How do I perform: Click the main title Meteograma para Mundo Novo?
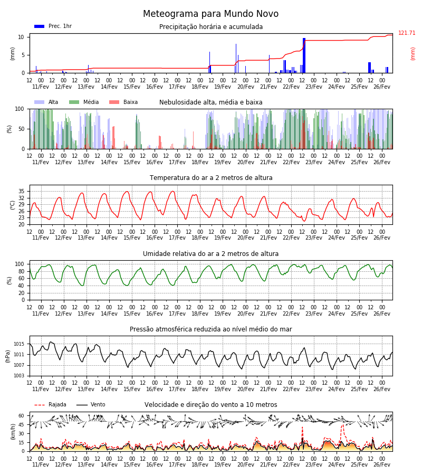(x=210, y=14)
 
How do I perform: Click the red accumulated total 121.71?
(x=407, y=33)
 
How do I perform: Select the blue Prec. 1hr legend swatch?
(x=40, y=26)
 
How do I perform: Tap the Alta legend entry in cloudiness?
(x=46, y=102)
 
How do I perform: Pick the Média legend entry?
(x=84, y=102)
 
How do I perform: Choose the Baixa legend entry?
(x=123, y=102)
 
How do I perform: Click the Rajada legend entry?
(x=50, y=404)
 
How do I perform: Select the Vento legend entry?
(x=91, y=404)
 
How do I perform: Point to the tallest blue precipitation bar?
(x=304, y=55)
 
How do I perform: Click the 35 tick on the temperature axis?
(x=21, y=191)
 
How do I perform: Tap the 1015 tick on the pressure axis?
(x=19, y=344)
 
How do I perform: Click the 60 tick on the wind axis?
(x=21, y=416)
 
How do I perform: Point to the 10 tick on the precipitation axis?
(x=21, y=37)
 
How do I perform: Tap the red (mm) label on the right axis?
(x=413, y=54)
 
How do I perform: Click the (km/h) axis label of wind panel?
(x=13, y=432)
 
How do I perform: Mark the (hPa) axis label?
(x=8, y=356)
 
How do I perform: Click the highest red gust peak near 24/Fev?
(x=342, y=425)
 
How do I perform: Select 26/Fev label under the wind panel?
(x=382, y=464)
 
